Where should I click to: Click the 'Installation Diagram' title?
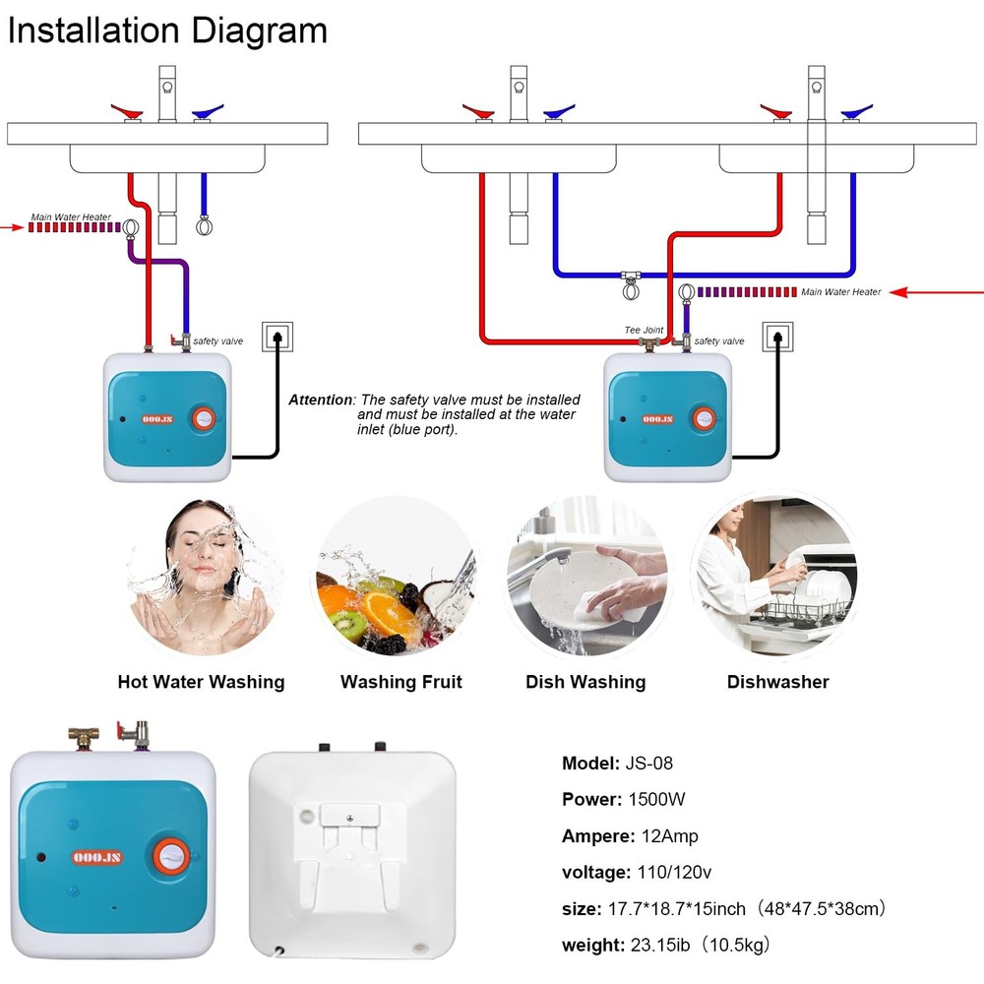click(x=167, y=31)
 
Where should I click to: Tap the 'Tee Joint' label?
click(x=644, y=331)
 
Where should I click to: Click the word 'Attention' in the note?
click(x=320, y=400)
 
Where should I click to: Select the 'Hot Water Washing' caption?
click(x=201, y=682)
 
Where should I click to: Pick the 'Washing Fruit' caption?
click(x=400, y=682)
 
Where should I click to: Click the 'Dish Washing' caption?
click(x=585, y=682)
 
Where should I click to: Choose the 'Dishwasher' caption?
click(x=777, y=682)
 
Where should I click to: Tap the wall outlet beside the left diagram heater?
click(x=277, y=337)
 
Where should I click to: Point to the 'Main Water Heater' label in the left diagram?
click(x=71, y=217)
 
